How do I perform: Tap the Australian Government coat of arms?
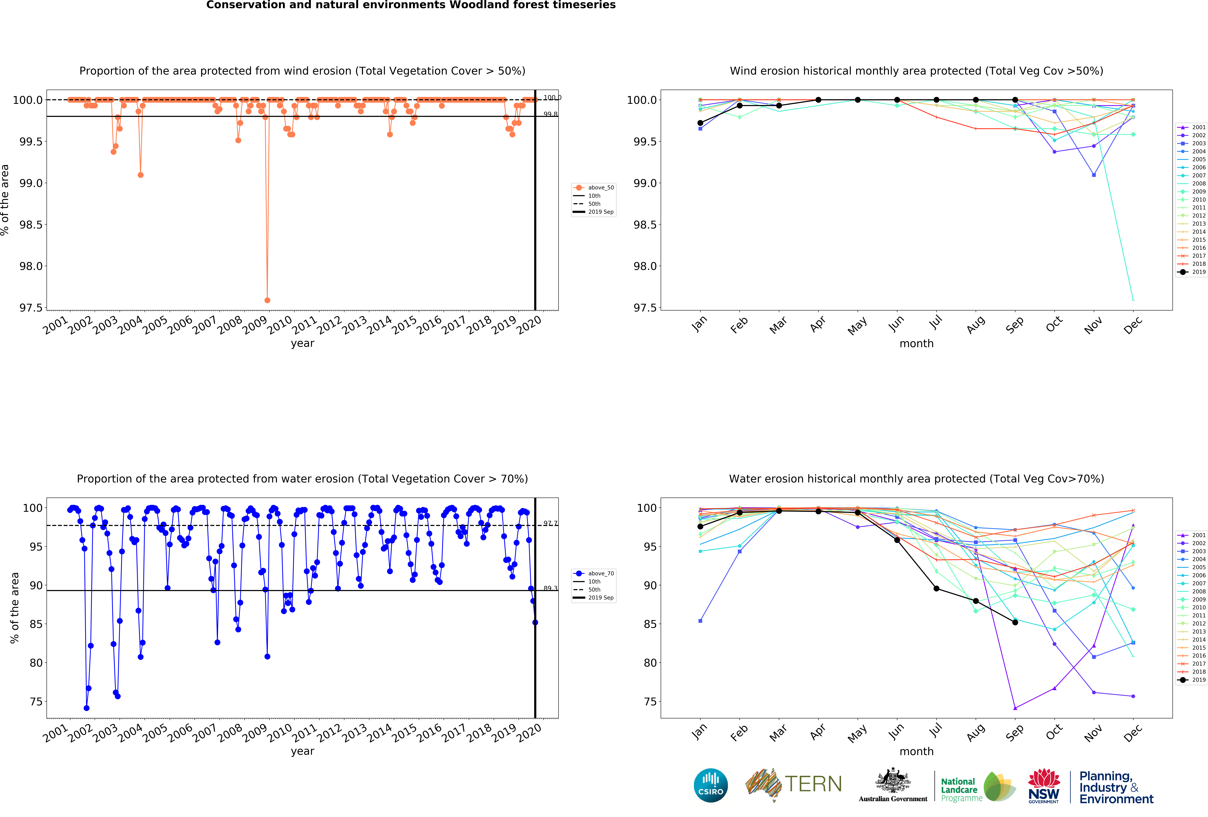tap(892, 780)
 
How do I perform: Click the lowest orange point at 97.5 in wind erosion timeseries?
tap(267, 300)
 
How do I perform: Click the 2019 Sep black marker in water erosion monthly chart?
tap(1015, 622)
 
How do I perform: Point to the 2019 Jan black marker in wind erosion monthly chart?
tap(700, 123)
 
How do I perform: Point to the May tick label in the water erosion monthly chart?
tap(857, 733)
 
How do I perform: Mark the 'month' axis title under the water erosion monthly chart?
tap(916, 751)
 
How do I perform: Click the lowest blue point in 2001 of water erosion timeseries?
tap(86, 708)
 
